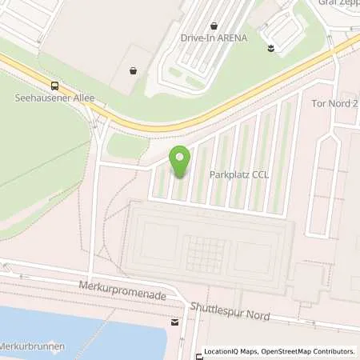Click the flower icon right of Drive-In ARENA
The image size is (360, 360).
[x=271, y=48]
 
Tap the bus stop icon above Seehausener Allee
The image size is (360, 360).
[x=54, y=86]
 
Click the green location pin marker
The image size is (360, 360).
[x=179, y=162]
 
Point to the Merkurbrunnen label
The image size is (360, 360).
[x=32, y=346]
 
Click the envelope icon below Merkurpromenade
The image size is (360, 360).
[x=174, y=323]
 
